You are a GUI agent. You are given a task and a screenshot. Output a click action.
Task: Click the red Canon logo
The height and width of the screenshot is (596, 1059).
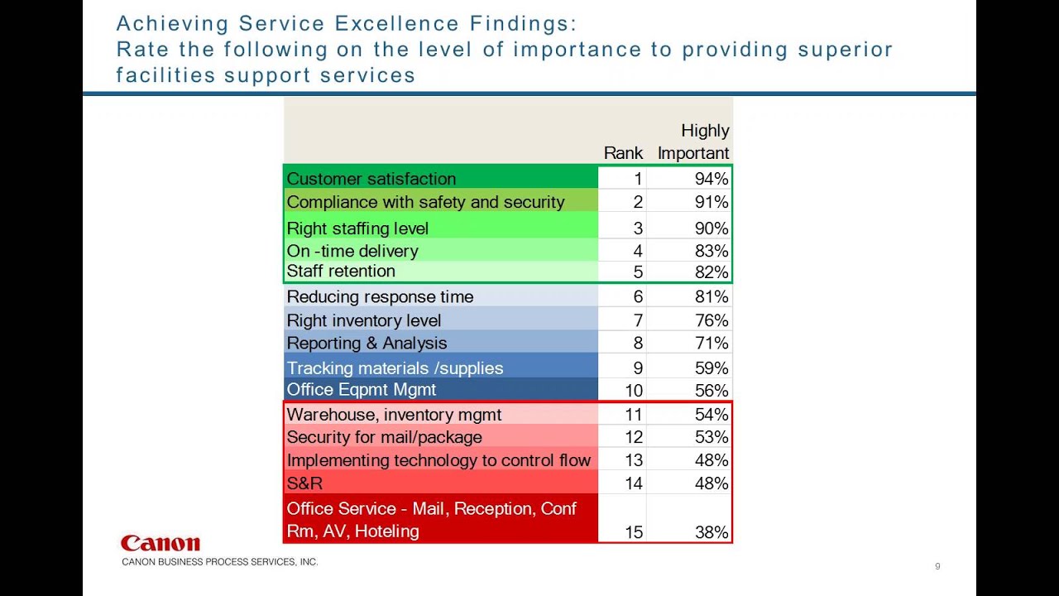pyautogui.click(x=160, y=544)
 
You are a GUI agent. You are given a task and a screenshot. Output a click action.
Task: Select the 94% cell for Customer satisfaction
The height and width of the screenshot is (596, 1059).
pyautogui.click(x=712, y=179)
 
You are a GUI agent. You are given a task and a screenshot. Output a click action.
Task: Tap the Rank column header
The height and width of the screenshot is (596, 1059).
pyautogui.click(x=623, y=153)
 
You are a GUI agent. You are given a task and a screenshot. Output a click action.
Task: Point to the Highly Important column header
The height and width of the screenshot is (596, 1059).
pyautogui.click(x=693, y=142)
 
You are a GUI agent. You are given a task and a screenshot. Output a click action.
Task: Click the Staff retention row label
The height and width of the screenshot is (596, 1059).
pyautogui.click(x=341, y=272)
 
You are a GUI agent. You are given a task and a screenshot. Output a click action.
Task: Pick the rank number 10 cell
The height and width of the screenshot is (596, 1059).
pyautogui.click(x=633, y=391)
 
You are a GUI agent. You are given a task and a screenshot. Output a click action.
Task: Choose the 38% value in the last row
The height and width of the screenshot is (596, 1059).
pyautogui.click(x=712, y=532)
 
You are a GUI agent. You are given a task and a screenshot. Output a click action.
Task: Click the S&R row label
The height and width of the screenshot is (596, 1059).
pyautogui.click(x=304, y=483)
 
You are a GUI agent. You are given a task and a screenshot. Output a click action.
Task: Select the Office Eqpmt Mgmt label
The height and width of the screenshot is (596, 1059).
pyautogui.click(x=361, y=390)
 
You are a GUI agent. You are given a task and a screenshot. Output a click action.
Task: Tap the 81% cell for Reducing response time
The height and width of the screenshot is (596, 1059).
pyautogui.click(x=712, y=297)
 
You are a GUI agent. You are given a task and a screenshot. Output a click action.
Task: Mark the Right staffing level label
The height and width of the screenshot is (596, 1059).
pyautogui.click(x=357, y=228)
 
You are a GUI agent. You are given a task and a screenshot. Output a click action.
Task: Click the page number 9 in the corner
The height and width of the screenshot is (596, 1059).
pyautogui.click(x=937, y=566)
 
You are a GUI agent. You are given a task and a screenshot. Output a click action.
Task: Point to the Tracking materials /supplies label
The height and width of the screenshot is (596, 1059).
pyautogui.click(x=395, y=368)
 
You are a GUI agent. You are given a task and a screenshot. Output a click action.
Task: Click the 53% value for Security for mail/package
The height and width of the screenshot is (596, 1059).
pyautogui.click(x=712, y=437)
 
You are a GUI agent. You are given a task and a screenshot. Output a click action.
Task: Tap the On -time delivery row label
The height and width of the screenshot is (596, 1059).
pyautogui.click(x=352, y=251)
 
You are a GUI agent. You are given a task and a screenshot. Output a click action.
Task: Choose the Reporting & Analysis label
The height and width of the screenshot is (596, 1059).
pyautogui.click(x=367, y=344)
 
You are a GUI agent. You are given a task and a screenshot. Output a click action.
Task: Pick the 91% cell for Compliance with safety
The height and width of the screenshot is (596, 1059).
pyautogui.click(x=712, y=202)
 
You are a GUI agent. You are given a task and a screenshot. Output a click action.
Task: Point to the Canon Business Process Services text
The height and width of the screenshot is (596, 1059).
pyautogui.click(x=219, y=562)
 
